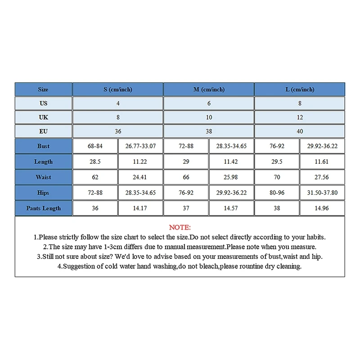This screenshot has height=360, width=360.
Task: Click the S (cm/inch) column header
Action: click(118, 90)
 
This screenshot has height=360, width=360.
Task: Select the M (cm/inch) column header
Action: click(209, 90)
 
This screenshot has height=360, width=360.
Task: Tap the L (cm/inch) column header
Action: click(300, 90)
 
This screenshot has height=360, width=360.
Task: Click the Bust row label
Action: click(44, 146)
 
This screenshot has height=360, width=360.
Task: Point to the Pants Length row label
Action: click(44, 208)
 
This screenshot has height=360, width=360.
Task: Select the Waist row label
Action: click(44, 177)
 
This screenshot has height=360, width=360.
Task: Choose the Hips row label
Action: click(44, 193)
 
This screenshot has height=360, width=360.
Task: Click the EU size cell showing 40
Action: click(300, 131)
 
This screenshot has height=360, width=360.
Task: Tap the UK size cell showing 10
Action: click(209, 117)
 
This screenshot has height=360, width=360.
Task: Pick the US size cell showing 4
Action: click(118, 103)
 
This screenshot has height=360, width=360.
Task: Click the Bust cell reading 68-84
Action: click(95, 146)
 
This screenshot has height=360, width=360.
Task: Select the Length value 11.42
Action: click(231, 162)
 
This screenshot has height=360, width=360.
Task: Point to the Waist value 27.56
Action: click(322, 177)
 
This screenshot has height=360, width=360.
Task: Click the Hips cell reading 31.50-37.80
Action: click(322, 193)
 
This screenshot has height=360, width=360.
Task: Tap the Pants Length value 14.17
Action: click(140, 208)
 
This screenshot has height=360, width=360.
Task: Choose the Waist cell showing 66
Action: click(186, 177)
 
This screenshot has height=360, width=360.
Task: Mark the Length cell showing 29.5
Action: click(277, 162)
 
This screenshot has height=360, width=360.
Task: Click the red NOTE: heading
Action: click(180, 227)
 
